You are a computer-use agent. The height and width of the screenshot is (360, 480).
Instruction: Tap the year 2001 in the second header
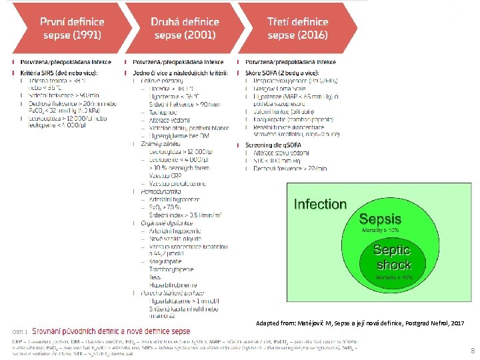[198, 35]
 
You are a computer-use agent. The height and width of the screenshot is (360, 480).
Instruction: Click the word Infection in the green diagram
[321, 204]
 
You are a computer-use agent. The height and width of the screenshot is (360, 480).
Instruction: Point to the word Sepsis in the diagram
[380, 219]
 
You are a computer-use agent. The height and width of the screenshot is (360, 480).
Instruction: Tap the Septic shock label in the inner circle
[393, 257]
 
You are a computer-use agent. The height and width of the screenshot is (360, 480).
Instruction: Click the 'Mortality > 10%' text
[379, 230]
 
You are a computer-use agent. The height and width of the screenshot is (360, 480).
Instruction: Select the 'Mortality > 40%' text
[394, 277]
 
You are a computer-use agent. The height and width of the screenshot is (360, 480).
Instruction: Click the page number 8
[472, 351]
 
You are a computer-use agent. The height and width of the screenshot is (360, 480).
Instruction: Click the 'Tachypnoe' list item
[155, 112]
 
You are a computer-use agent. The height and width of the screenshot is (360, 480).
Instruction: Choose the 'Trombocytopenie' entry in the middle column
[172, 269]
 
